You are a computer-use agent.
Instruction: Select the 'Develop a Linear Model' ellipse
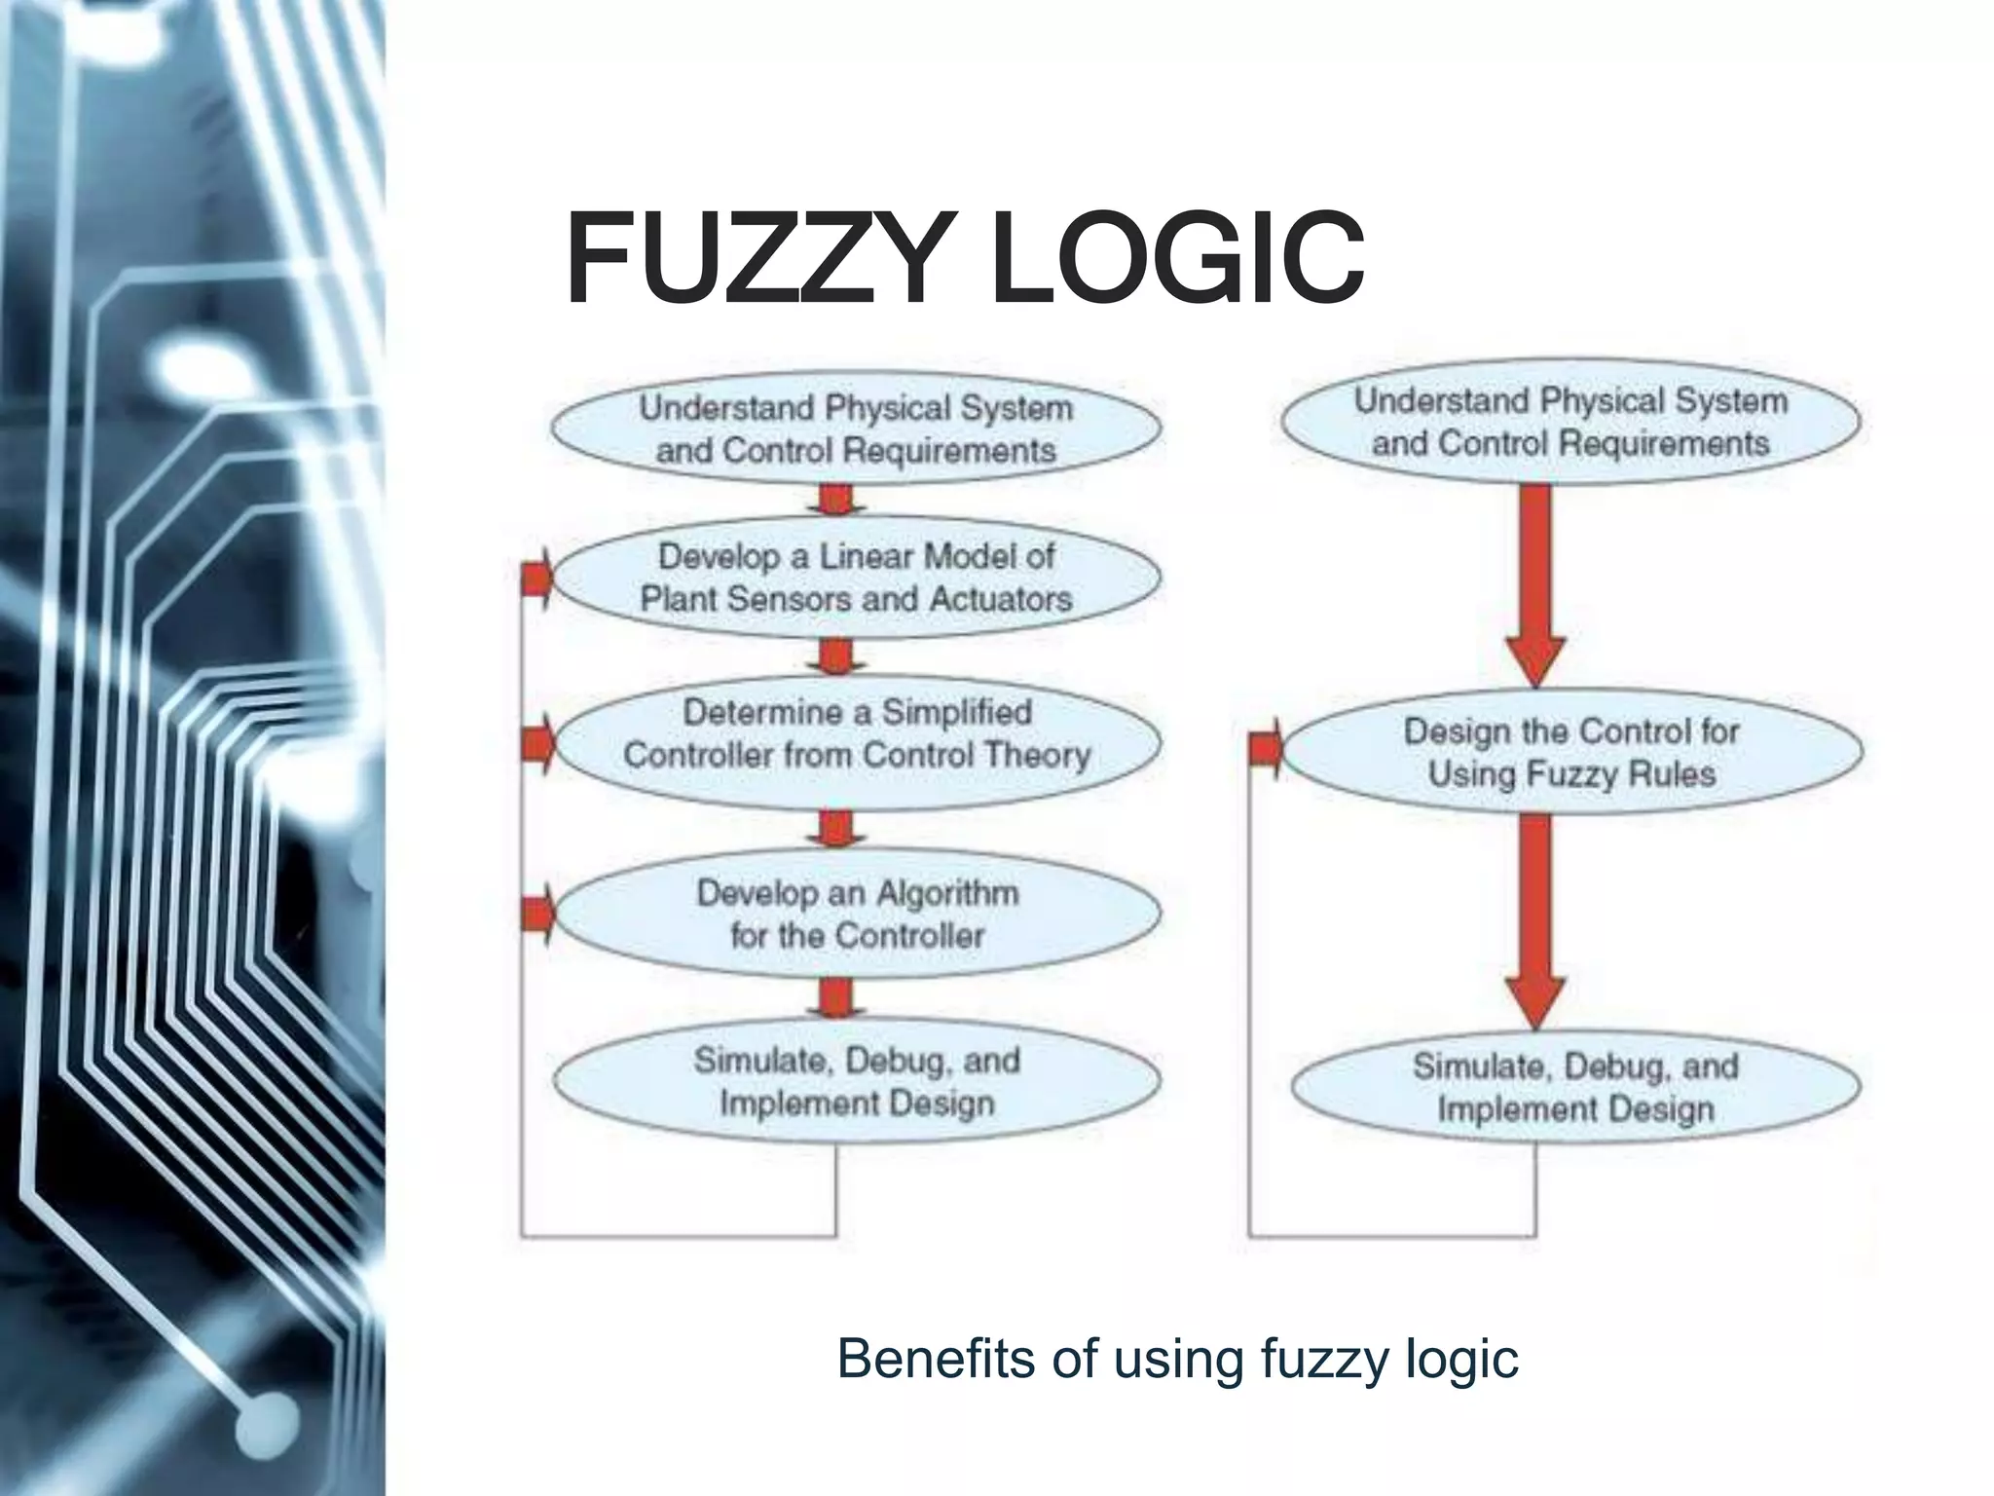[x=856, y=578]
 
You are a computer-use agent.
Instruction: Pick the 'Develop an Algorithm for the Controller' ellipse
[x=856, y=915]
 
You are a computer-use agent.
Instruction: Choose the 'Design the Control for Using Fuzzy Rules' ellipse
[x=1570, y=752]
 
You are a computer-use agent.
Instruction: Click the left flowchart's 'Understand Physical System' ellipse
[x=856, y=429]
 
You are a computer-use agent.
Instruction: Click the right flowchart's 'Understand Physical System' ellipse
[x=1570, y=422]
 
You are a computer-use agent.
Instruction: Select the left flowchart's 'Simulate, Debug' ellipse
[x=856, y=1081]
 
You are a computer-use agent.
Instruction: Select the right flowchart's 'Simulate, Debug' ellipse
[x=1574, y=1087]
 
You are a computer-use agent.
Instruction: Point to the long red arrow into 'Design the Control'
[x=1535, y=584]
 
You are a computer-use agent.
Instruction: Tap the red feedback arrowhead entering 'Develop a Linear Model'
[x=537, y=579]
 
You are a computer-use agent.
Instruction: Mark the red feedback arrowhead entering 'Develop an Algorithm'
[x=537, y=914]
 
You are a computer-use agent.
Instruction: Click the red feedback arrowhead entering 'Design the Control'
[x=1266, y=749]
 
